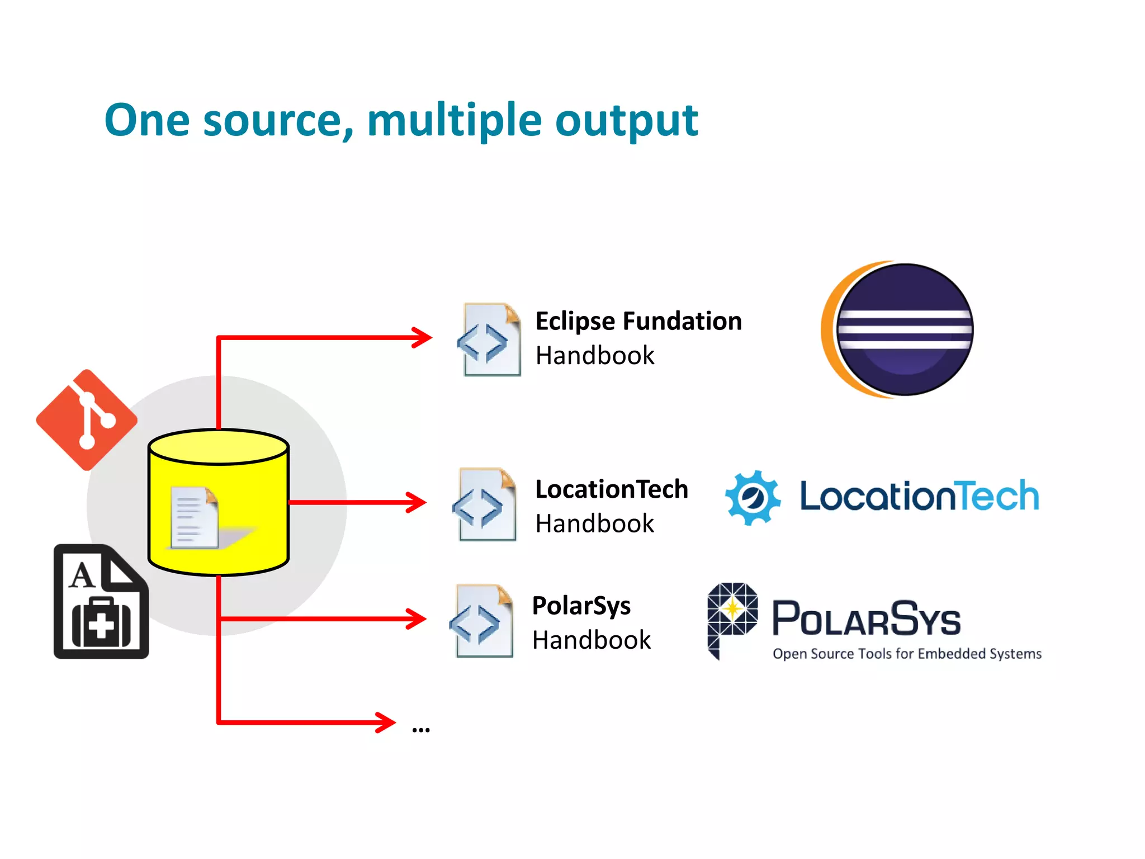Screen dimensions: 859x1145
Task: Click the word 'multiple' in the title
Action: click(454, 120)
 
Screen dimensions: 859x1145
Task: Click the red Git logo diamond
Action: click(87, 419)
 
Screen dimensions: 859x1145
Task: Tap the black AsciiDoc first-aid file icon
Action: click(101, 602)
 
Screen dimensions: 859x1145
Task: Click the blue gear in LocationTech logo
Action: click(753, 497)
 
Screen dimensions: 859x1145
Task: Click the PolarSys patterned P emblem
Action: click(731, 615)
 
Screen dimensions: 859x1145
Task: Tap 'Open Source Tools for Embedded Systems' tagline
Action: click(907, 654)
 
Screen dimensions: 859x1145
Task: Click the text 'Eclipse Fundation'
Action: click(638, 322)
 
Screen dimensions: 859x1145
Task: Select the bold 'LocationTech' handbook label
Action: click(611, 489)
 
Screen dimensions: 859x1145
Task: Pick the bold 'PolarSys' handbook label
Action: click(581, 606)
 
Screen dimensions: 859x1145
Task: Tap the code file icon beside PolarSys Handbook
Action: click(481, 621)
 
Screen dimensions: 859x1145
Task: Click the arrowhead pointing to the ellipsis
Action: click(386, 722)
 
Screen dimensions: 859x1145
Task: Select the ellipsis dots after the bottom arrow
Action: click(420, 730)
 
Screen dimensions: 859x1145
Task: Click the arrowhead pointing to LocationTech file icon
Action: click(417, 502)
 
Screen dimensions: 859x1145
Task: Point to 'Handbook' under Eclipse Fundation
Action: click(594, 356)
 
